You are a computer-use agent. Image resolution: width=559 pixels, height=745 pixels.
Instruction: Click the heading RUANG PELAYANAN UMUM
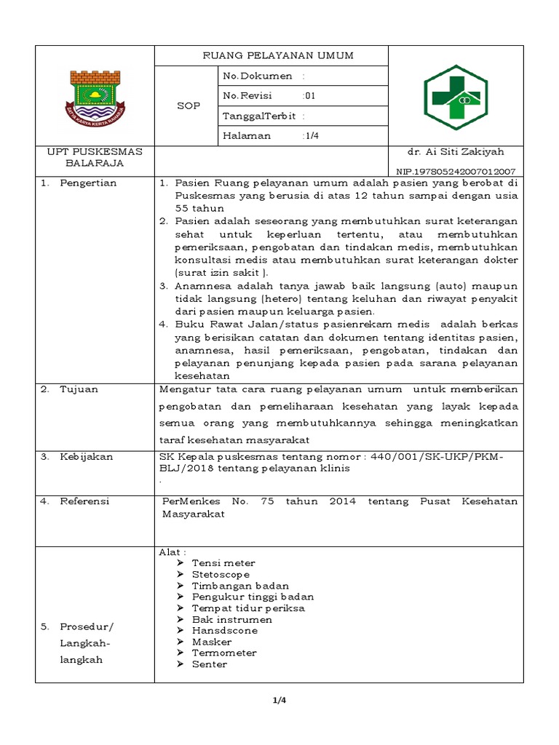pos(271,56)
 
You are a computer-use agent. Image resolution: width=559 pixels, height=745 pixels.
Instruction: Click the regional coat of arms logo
pos(96,95)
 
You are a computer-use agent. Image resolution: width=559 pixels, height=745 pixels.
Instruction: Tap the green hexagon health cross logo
pos(456,95)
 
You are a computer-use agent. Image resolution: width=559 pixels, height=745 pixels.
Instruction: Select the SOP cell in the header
pos(189,105)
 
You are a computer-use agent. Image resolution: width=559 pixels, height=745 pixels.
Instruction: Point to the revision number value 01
pos(310,95)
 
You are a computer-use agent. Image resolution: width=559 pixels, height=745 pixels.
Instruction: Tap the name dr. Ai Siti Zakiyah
pos(456,152)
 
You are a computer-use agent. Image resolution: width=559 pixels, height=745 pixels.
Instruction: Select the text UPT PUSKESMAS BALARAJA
pos(95,157)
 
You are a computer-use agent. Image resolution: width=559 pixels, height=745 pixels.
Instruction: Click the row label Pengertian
pos(88,183)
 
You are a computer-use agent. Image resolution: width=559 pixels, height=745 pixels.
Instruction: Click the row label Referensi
pos(84,501)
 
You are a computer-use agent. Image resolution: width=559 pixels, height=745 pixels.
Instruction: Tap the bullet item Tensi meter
pos(223,563)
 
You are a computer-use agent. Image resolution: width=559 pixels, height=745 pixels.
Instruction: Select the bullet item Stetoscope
pos(221,574)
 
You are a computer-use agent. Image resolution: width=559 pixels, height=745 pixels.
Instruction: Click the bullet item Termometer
pos(224,653)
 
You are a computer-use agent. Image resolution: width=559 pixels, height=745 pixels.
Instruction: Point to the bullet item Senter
pos(210,664)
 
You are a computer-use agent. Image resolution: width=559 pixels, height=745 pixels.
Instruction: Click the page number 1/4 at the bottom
pos(279,701)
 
